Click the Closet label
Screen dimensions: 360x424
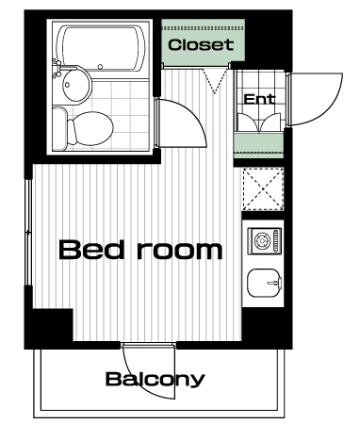pos(201,45)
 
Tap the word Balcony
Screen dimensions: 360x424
pos(155,379)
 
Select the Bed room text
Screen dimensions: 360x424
pos(140,250)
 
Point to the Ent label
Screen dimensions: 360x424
pos(259,99)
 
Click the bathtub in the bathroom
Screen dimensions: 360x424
pos(101,48)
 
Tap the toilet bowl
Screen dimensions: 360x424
pos(91,129)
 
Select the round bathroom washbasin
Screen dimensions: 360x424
pos(76,84)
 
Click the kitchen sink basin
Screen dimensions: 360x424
pos(264,283)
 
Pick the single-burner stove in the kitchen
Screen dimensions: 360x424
pos(264,241)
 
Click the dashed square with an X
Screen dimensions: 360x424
pos(264,189)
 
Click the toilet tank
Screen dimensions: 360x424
pos(59,129)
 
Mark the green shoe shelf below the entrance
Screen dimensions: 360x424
pos(259,146)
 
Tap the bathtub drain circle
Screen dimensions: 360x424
pos(100,67)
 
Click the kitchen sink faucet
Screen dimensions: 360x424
pos(273,283)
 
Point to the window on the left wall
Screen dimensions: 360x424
pos(28,232)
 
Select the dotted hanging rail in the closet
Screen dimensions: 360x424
pos(204,28)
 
